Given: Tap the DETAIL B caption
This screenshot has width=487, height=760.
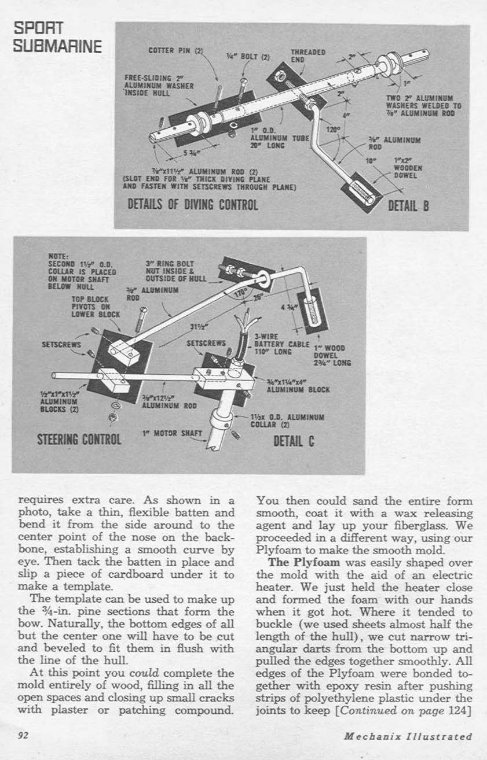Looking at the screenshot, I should point(408,205).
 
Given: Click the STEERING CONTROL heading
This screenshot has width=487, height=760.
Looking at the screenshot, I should point(79,438).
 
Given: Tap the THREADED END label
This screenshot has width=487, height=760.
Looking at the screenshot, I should point(307,55).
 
